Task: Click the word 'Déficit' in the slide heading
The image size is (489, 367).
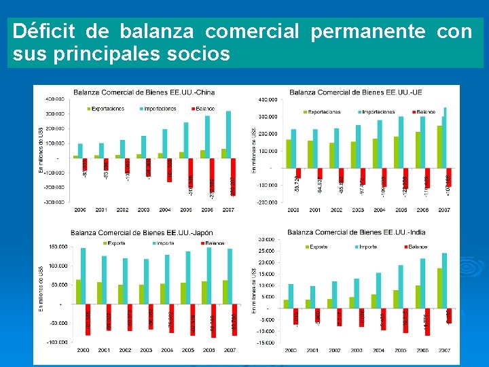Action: click(45, 31)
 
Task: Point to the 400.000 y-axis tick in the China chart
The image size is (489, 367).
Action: click(56, 99)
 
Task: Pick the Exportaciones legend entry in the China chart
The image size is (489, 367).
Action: click(106, 109)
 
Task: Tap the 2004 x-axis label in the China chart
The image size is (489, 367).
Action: click(164, 210)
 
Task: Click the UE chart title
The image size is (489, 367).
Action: click(356, 92)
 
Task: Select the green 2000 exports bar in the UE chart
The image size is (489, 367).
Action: click(288, 154)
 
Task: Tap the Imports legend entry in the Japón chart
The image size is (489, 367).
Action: click(162, 242)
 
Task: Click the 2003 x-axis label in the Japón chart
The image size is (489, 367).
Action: click(144, 350)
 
